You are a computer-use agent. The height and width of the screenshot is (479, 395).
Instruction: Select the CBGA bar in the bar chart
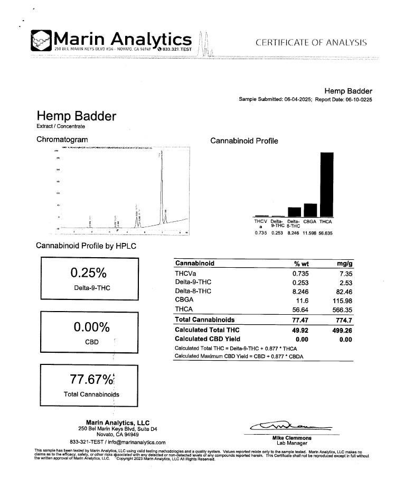[x=311, y=210]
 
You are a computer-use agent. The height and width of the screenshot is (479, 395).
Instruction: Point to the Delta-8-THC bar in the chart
[x=294, y=212]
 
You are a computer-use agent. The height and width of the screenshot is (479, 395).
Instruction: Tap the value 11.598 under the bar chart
[x=311, y=233]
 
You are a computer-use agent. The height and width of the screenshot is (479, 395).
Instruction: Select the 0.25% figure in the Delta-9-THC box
[x=89, y=273]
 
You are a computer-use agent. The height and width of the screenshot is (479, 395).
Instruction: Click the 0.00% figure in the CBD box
[x=89, y=327]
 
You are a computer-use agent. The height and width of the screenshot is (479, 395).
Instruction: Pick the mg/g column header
[x=344, y=264]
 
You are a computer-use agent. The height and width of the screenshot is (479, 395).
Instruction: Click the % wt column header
[x=300, y=264]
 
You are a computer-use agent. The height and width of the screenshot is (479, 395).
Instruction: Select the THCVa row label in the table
[x=185, y=274]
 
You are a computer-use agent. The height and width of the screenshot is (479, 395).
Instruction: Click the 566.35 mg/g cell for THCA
[x=342, y=309]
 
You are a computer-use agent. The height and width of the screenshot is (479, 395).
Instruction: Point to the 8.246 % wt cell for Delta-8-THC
[x=300, y=291]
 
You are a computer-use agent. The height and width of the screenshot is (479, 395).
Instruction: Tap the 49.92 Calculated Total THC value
[x=300, y=330]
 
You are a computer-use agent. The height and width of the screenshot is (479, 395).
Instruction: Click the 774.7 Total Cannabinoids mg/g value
[x=343, y=320]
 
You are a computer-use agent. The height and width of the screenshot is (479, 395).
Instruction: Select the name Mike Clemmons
[x=291, y=438]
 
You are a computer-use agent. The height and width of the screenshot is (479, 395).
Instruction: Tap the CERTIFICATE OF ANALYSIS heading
[x=311, y=43]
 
